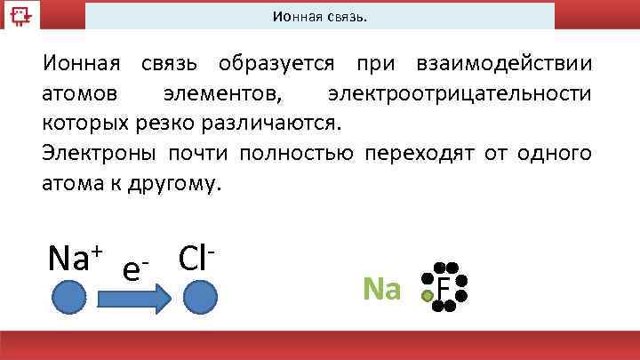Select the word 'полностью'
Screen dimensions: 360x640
coord(299,152)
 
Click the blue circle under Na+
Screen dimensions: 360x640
coord(68,297)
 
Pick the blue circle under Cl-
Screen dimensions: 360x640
coord(201,297)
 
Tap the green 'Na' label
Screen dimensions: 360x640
coord(382,289)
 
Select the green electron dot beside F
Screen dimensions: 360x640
coord(428,295)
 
